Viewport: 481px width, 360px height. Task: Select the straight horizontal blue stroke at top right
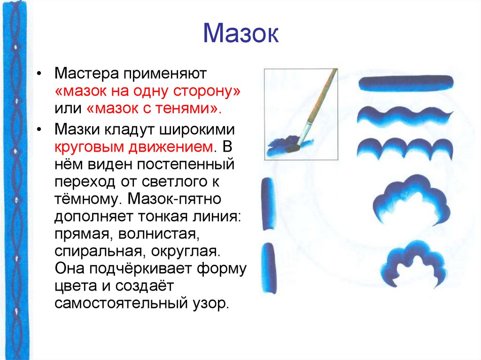[x=405, y=83]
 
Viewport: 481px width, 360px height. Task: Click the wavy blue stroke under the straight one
[x=404, y=115]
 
